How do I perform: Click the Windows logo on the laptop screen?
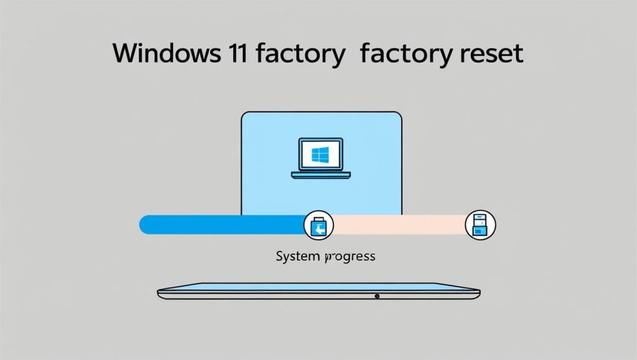(320, 153)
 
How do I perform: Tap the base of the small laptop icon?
(320, 175)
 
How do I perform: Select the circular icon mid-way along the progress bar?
(318, 225)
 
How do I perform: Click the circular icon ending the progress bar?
(480, 225)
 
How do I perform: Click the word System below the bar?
(295, 256)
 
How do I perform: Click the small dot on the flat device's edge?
(378, 297)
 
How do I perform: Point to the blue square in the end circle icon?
(480, 229)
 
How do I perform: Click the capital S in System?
(279, 256)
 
